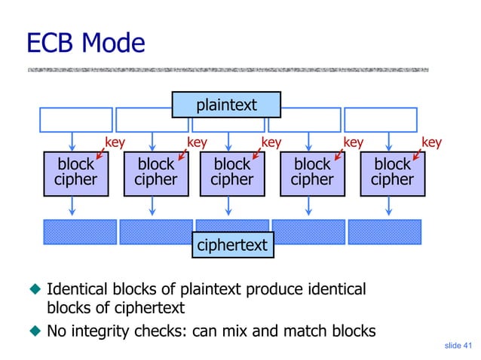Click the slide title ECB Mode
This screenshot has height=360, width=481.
pos(84,43)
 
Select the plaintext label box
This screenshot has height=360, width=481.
pos(226,105)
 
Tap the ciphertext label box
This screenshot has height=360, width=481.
pos(234,245)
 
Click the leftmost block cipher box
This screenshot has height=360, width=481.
pos(75,172)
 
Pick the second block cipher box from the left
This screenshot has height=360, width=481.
pos(156,172)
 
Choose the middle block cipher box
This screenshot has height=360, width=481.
pos(231,172)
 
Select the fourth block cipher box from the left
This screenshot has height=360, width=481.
pos(311,172)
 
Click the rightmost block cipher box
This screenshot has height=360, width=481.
pos(392,172)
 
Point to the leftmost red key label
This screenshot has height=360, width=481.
pos(115,142)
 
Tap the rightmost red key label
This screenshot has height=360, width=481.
pos(431,142)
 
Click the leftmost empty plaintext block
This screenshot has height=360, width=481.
pos(75,119)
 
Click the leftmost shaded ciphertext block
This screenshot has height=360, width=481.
pos(80,232)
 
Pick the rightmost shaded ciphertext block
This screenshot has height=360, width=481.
pos(384,232)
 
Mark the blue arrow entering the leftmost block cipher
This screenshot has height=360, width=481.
pos(72,141)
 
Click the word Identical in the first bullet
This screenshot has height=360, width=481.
pos(77,290)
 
